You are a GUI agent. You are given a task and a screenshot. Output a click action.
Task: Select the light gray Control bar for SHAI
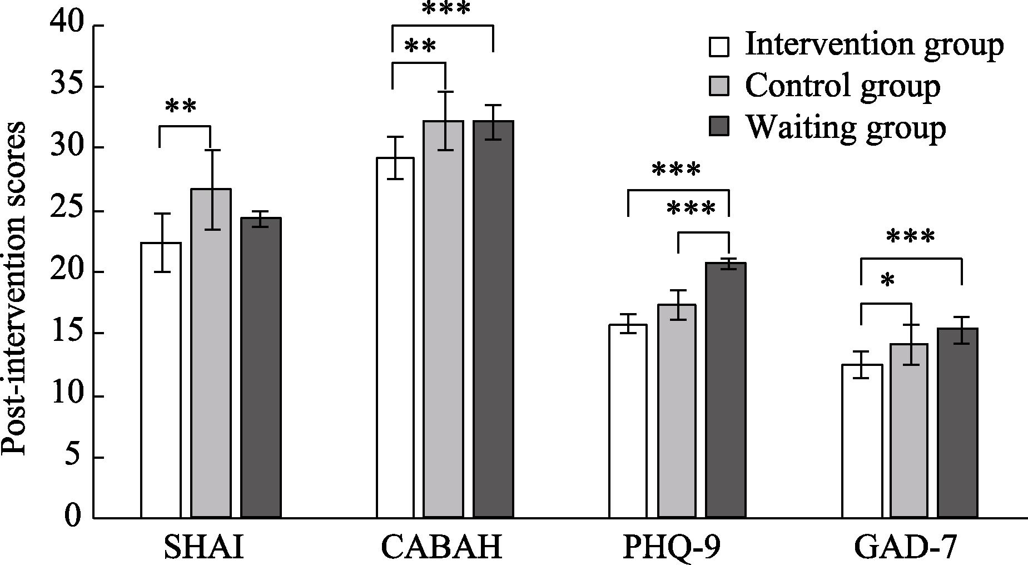point(211,356)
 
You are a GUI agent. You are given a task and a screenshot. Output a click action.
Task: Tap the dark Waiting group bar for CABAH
point(493,320)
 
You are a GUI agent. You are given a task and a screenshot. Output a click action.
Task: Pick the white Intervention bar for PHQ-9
point(628,423)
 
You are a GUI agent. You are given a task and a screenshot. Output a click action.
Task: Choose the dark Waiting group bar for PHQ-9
point(726,389)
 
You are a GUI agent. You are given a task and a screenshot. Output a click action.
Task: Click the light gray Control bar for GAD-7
point(909,431)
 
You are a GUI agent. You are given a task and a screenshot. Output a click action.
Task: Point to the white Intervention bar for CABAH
point(395,339)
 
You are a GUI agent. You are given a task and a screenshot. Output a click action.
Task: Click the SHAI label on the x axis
point(204,547)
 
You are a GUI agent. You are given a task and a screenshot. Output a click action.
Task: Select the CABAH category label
point(442,547)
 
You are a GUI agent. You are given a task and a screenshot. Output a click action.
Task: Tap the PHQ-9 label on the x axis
point(672,547)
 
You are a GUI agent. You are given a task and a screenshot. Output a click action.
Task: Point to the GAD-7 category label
point(906,547)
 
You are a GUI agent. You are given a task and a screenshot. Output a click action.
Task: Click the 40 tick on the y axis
point(66,24)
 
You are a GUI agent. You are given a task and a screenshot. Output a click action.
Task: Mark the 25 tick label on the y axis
point(66,211)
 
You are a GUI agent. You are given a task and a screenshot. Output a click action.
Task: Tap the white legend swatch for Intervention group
point(719,47)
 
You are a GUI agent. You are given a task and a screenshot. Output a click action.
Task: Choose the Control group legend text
point(842,86)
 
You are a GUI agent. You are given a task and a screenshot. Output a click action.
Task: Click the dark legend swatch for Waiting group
point(719,127)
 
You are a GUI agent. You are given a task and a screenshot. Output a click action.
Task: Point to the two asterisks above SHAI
point(182,106)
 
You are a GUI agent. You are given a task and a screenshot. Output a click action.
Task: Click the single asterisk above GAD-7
point(887,281)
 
